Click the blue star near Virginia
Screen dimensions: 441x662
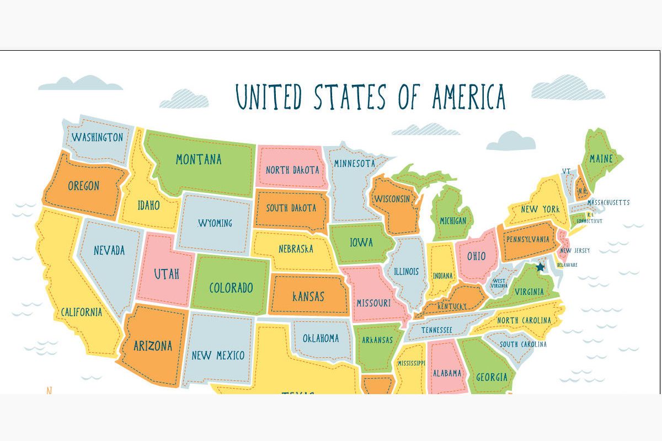(540, 267)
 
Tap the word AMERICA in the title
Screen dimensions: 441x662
(468, 96)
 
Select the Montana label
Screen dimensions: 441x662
(199, 159)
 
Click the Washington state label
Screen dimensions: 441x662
(97, 137)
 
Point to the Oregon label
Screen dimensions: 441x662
(83, 186)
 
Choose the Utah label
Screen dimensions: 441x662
(166, 273)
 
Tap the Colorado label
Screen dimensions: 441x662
(231, 288)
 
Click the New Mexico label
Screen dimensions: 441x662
(218, 355)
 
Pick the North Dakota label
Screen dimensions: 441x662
(292, 169)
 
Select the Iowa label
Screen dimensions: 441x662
(361, 242)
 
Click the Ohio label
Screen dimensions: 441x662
(477, 256)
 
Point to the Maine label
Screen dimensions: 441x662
(601, 159)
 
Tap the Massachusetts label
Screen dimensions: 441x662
(608, 202)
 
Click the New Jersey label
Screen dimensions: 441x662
(575, 250)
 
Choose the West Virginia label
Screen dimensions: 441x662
(499, 283)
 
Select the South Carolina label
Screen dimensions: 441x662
(523, 344)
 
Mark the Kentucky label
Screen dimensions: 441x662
(452, 306)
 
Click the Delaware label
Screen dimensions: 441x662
(567, 265)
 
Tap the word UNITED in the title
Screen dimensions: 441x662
(269, 97)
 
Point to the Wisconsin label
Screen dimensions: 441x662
(392, 198)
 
